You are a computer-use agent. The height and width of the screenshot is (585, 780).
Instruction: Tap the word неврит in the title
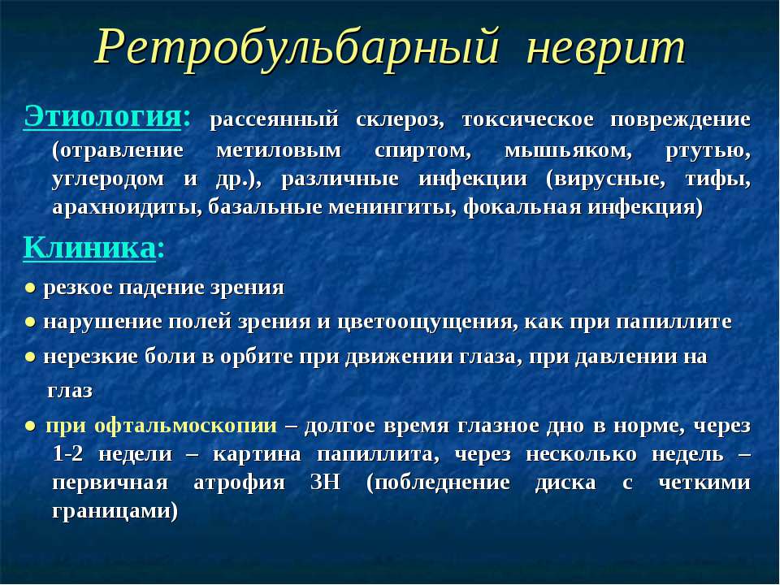(606, 48)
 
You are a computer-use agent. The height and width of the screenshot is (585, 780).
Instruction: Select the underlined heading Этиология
(101, 117)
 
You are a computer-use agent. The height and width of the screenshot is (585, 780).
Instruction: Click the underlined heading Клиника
(89, 247)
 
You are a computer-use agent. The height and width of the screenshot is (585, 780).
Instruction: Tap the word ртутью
(712, 150)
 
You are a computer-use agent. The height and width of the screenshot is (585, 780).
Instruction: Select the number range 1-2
(66, 454)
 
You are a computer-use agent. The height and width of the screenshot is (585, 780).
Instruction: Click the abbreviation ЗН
(325, 483)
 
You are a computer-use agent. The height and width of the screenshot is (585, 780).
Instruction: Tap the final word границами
(115, 513)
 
